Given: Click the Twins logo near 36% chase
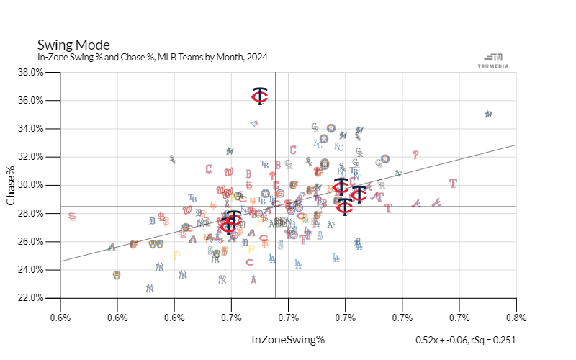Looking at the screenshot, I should point(260,96).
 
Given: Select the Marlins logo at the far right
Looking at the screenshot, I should point(488,114).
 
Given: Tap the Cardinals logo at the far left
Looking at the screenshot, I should point(72,215).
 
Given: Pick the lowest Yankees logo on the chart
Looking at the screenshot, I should point(150,288).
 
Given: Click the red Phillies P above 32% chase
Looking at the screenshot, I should point(415,154).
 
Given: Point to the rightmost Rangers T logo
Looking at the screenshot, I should point(453,184).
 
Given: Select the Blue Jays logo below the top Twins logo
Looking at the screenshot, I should point(253,123).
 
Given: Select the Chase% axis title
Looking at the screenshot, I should point(12,185).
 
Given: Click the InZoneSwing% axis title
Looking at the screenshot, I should point(288,338).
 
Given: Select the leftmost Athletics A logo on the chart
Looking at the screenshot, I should point(112,247).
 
